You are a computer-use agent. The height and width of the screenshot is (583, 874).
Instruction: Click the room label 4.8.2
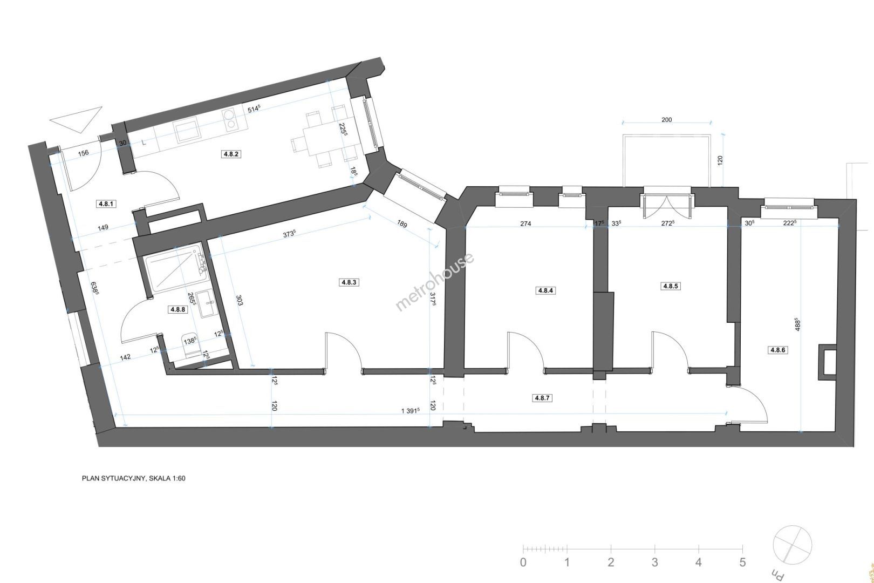pyautogui.click(x=231, y=154)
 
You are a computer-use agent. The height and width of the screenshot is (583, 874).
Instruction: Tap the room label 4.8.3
pyautogui.click(x=349, y=282)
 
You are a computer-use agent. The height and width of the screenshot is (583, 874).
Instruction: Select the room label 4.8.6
pyautogui.click(x=777, y=350)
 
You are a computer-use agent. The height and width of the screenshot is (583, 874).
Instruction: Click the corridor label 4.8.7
pyautogui.click(x=542, y=398)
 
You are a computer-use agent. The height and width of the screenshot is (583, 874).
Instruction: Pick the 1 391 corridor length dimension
pyautogui.click(x=410, y=411)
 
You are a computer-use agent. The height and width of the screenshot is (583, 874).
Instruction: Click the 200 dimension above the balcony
pyautogui.click(x=667, y=120)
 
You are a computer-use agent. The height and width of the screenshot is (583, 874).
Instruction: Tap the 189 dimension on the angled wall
pyautogui.click(x=402, y=224)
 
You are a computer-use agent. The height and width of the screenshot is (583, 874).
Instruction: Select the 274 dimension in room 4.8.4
pyautogui.click(x=525, y=224)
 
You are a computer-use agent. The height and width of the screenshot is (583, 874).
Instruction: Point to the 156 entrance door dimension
pyautogui.click(x=84, y=153)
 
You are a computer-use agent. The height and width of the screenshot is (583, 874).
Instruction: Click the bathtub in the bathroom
pyautogui.click(x=175, y=268)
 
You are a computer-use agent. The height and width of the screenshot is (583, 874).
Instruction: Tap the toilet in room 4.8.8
pyautogui.click(x=190, y=345)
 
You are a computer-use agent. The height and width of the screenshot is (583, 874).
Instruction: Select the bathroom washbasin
pyautogui.click(x=205, y=303)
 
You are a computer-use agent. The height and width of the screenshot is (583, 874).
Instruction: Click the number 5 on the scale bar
pyautogui.click(x=742, y=562)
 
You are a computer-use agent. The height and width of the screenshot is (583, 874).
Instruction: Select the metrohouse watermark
pyautogui.click(x=435, y=282)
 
